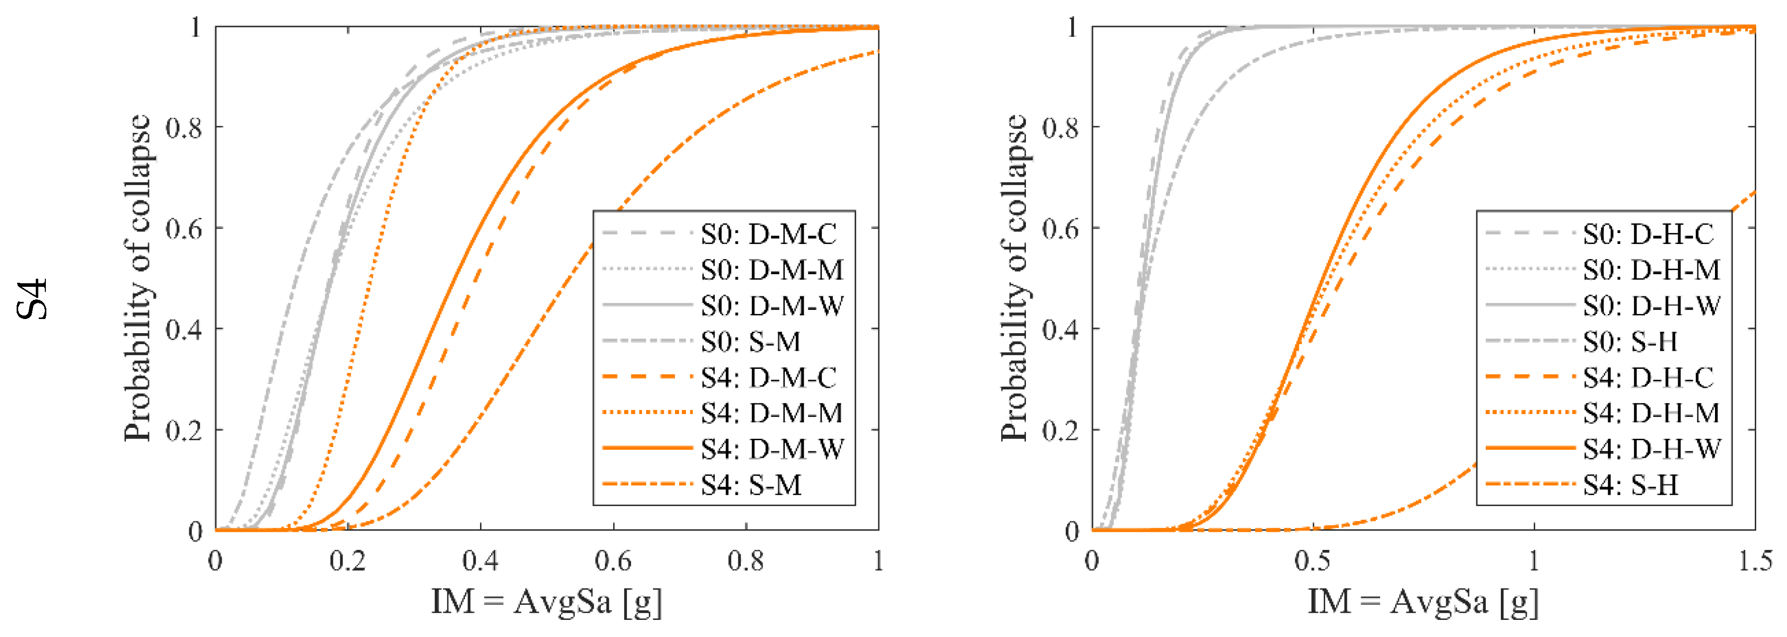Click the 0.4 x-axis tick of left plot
[x=480, y=561]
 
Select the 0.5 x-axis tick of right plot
[x=1313, y=561]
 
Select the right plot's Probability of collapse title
[x=1014, y=277]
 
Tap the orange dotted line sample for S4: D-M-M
[x=647, y=413]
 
